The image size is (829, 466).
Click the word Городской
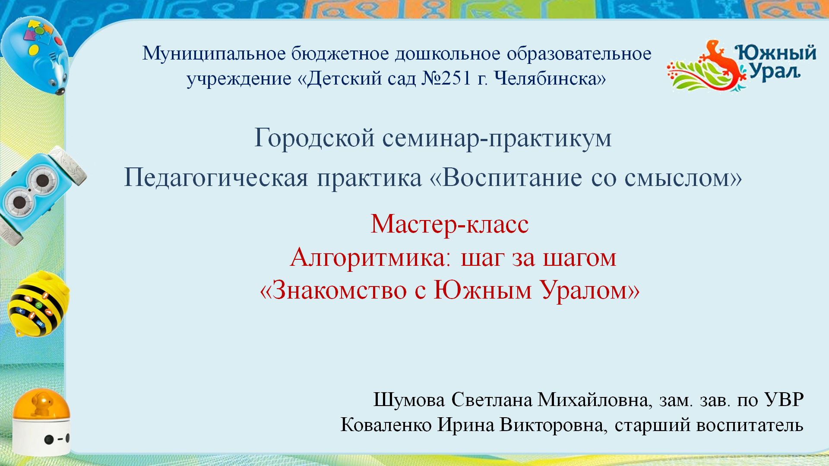tap(314, 139)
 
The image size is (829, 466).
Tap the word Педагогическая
tap(216, 178)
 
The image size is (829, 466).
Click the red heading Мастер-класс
tap(449, 224)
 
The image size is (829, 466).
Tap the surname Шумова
tap(409, 400)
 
